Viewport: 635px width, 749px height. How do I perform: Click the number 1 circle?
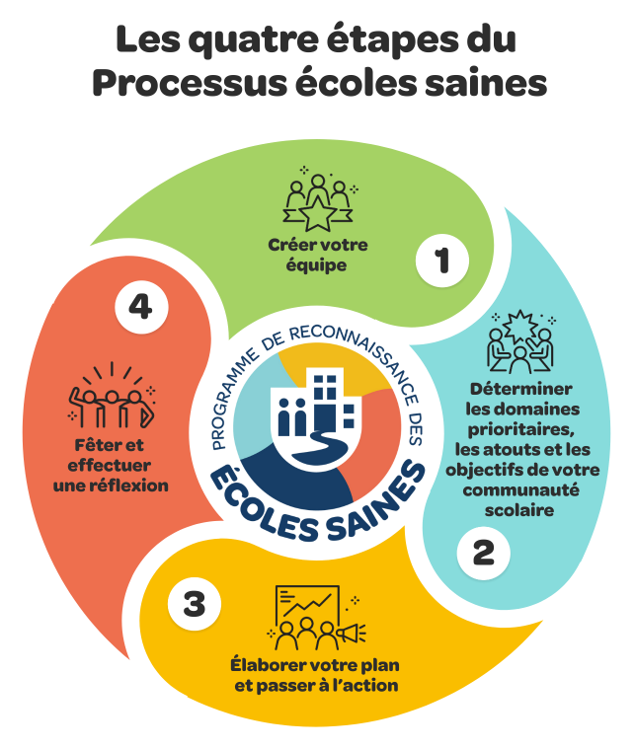tap(441, 261)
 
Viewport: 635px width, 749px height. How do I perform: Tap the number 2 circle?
tap(483, 553)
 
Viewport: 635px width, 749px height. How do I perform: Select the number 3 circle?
tap(194, 604)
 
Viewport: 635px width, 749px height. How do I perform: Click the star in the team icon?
tap(318, 213)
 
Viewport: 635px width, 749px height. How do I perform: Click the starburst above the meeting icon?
tap(518, 325)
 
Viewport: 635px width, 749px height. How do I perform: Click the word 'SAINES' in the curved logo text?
tap(376, 503)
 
